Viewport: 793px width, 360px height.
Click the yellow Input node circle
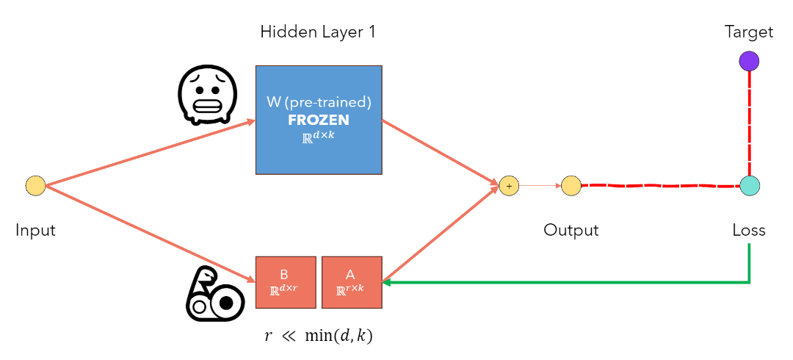coord(35,186)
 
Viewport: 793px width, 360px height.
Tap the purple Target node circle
coord(749,61)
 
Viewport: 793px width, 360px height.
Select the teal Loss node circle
coord(749,186)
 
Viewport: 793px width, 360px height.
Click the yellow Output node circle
coord(571,186)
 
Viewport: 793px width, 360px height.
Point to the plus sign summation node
coord(509,186)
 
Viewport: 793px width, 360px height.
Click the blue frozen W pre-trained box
coord(319,120)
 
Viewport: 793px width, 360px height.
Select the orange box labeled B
coord(286,282)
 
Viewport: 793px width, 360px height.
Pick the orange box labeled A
coord(352,282)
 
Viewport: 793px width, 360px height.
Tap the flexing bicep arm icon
coord(213,293)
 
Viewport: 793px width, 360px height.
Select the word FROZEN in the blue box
coord(319,120)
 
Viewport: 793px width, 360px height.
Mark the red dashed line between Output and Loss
coord(661,186)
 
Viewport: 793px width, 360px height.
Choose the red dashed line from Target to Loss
coord(749,123)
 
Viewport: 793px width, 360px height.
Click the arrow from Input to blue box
coord(147,154)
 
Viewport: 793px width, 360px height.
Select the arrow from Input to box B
coord(147,233)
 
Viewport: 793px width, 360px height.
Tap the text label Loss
coord(749,230)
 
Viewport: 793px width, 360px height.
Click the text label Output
coord(571,230)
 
